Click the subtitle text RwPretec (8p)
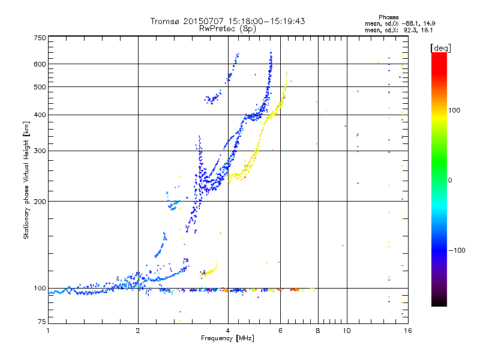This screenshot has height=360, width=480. point(227,28)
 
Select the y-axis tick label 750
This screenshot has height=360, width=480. point(40,38)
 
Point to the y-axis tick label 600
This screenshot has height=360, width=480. point(40,64)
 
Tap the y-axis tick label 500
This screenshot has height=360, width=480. point(40,87)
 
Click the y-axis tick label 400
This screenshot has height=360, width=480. point(40,115)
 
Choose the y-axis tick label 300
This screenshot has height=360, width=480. point(40,151)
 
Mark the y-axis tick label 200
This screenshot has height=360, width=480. point(40,202)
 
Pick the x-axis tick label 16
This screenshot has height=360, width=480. point(407,331)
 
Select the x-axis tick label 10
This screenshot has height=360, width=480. point(346,331)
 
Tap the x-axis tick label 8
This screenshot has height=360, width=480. point(318,331)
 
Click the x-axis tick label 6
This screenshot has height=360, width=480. point(280,331)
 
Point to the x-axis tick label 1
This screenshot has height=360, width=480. point(49,331)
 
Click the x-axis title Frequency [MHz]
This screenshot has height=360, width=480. point(227,339)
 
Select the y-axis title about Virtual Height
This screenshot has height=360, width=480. point(26,180)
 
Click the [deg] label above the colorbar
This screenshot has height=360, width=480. point(441,47)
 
